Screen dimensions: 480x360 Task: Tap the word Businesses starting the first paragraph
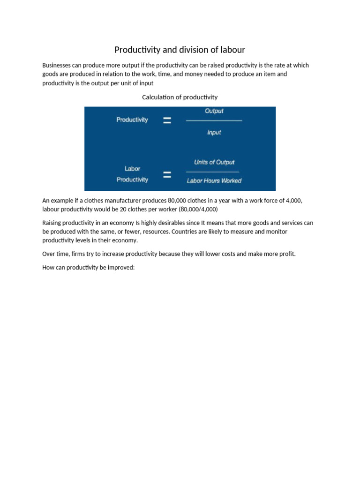[57, 65]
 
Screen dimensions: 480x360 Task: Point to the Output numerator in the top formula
[214, 111]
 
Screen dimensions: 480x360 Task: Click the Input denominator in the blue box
[214, 133]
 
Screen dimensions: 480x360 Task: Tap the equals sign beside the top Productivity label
[166, 120]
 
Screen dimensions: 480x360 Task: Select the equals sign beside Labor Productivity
[166, 175]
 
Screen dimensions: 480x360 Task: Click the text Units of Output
[214, 162]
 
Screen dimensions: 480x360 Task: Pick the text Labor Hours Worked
[214, 181]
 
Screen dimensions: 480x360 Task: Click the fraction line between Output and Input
[214, 121]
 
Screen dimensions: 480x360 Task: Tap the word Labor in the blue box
[132, 169]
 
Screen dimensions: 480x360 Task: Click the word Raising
[52, 223]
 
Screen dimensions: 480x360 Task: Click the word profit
[286, 254]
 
